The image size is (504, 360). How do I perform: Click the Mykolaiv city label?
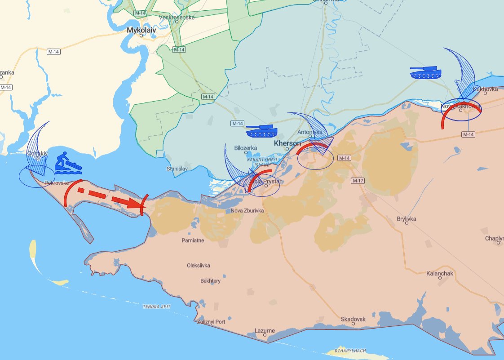[x=141, y=30]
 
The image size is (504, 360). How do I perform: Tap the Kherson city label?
[x=287, y=143]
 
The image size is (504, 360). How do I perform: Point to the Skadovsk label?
[x=353, y=319]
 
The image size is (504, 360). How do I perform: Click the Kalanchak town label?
[x=440, y=273]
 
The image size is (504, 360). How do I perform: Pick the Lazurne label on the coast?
[x=265, y=331]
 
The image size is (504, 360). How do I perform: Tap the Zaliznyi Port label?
[x=211, y=322]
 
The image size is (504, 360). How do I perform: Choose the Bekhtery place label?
[x=210, y=281]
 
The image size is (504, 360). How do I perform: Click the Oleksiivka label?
[x=199, y=265]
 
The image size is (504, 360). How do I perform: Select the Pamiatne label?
[x=193, y=240]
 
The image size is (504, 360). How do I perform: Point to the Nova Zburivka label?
[x=247, y=211]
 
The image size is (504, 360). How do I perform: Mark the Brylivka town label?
[x=407, y=219]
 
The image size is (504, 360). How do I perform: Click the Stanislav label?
[x=177, y=169]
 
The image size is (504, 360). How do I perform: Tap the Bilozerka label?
[x=246, y=147]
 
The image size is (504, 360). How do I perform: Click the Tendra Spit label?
[x=157, y=307]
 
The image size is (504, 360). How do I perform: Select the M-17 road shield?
[x=358, y=180]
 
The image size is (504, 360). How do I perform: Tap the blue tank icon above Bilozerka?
[x=261, y=131]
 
